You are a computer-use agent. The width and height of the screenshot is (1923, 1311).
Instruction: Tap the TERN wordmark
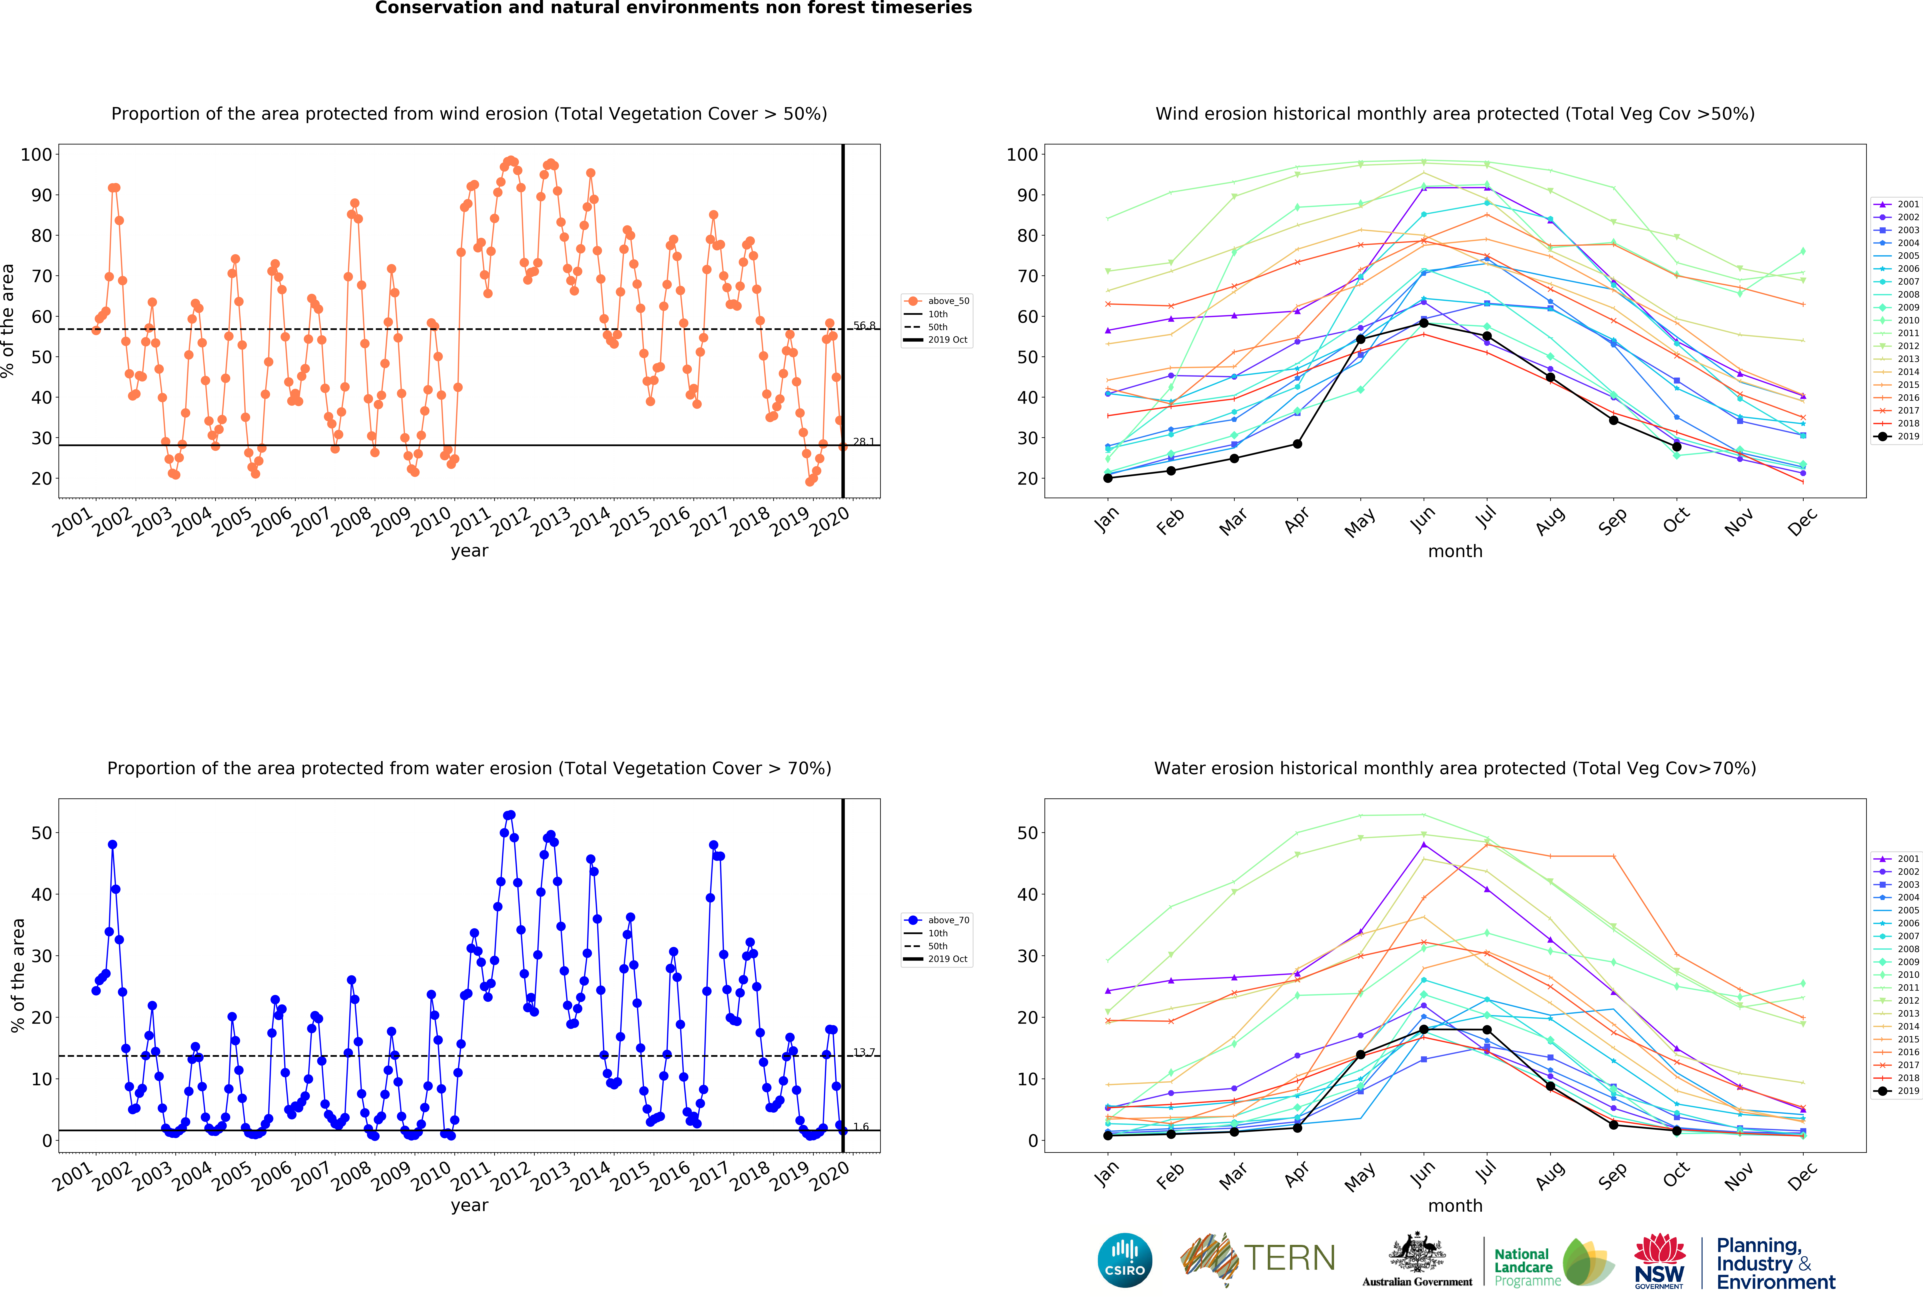pyautogui.click(x=1289, y=1258)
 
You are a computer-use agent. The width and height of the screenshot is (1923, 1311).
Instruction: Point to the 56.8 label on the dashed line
pyautogui.click(x=865, y=325)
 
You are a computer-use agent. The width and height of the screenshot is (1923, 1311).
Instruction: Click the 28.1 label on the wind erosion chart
pyautogui.click(x=865, y=441)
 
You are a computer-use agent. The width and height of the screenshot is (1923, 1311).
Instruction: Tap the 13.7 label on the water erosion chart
pyautogui.click(x=865, y=1052)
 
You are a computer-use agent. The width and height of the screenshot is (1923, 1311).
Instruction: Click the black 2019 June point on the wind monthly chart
pyautogui.click(x=1423, y=323)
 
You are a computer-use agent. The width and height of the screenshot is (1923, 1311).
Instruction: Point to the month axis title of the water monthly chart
pyautogui.click(x=1455, y=1205)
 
